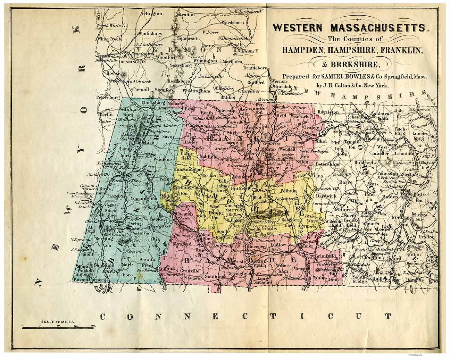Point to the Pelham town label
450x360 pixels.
tap(288, 191)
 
